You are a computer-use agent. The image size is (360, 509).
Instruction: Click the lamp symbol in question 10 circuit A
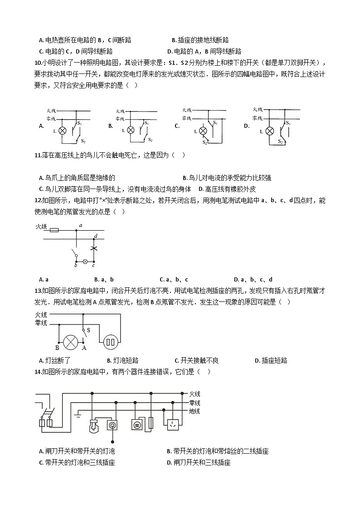tap(63, 130)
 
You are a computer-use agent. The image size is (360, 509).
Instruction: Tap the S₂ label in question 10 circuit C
tap(205, 142)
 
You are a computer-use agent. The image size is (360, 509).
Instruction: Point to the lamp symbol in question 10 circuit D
tap(269, 131)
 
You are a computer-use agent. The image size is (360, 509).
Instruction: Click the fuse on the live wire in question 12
tap(54, 230)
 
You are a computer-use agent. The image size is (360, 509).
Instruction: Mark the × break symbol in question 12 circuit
tap(94, 249)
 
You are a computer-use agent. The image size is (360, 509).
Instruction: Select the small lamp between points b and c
tap(84, 262)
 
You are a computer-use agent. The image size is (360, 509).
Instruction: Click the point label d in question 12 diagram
tap(96, 236)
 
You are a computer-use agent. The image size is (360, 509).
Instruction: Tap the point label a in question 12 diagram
tap(81, 225)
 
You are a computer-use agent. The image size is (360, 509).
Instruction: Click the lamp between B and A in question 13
tap(70, 342)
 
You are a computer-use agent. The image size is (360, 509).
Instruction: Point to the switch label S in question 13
tap(88, 330)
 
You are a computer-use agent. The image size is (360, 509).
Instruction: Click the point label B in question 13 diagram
tap(57, 348)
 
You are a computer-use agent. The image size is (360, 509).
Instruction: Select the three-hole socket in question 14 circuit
tap(173, 425)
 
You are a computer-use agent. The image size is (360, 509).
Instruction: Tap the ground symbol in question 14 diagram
tap(78, 414)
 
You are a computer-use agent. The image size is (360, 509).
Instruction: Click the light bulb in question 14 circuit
tap(95, 425)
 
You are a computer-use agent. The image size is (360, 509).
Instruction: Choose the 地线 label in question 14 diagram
tap(195, 411)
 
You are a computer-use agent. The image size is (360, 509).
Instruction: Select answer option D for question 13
tap(257, 361)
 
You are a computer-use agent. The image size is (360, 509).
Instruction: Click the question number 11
tap(38, 155)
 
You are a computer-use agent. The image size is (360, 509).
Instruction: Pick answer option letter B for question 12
tap(96, 280)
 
